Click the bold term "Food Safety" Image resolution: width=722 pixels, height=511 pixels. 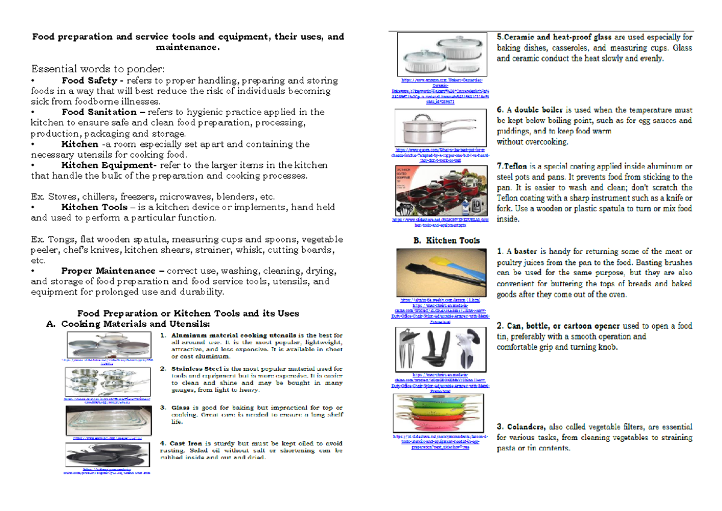[x=89, y=80]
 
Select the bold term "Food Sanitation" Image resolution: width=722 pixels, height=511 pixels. [x=99, y=112]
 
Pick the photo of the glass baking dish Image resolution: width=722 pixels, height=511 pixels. [x=110, y=419]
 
